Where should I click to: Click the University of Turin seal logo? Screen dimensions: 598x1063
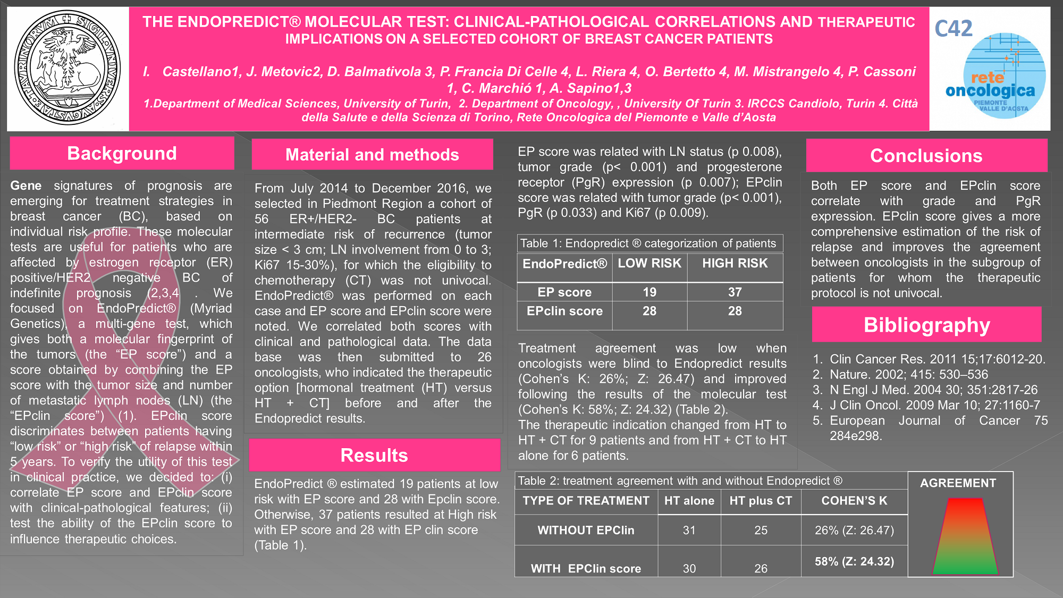68,68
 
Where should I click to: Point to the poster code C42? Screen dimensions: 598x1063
954,28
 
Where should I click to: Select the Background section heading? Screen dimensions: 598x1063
122,154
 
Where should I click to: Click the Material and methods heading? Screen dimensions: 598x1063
372,155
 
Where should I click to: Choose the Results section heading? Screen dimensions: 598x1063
374,456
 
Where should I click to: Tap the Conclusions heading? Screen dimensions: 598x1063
926,156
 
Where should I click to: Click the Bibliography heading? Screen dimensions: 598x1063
926,325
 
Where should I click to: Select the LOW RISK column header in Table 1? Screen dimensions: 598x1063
649,263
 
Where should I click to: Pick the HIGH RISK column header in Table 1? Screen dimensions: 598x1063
735,263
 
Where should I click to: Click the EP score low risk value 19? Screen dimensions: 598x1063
649,292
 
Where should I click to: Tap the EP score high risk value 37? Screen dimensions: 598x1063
735,292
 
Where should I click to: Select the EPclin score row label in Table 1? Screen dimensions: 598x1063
564,311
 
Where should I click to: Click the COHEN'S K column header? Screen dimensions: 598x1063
854,501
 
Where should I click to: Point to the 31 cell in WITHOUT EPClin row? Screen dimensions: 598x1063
689,530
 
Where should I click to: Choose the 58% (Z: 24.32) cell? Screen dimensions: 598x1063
854,561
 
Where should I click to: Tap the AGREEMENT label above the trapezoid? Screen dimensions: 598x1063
958,483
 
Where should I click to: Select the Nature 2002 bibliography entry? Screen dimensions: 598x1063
909,374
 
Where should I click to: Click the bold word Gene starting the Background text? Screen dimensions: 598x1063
26,186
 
